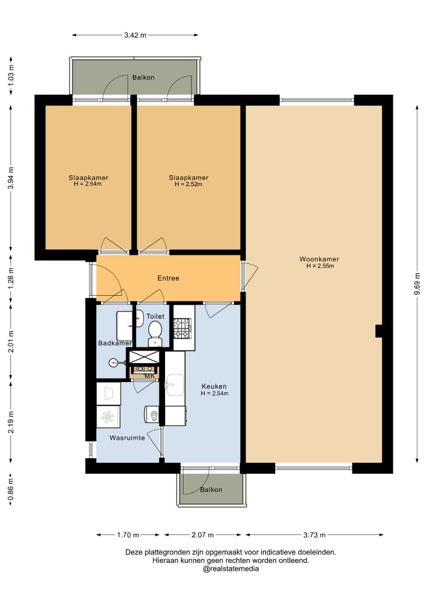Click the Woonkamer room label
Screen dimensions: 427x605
point(319,259)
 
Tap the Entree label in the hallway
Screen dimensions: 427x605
point(168,278)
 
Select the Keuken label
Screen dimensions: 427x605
point(214,386)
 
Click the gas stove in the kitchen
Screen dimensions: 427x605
point(182,328)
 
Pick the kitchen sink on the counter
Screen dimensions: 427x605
point(175,385)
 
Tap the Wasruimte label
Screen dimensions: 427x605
point(127,438)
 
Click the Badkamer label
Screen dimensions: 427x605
point(115,343)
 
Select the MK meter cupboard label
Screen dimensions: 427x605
point(149,376)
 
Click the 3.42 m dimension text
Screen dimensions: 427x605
point(135,35)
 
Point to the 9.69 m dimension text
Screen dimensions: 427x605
point(417,283)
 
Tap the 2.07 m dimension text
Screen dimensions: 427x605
point(203,535)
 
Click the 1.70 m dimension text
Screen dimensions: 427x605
point(128,535)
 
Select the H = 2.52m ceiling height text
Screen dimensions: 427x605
point(189,184)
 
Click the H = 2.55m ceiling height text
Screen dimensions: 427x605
point(320,266)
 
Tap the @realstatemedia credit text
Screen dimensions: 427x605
point(231,569)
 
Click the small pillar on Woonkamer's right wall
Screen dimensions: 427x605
point(379,331)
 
